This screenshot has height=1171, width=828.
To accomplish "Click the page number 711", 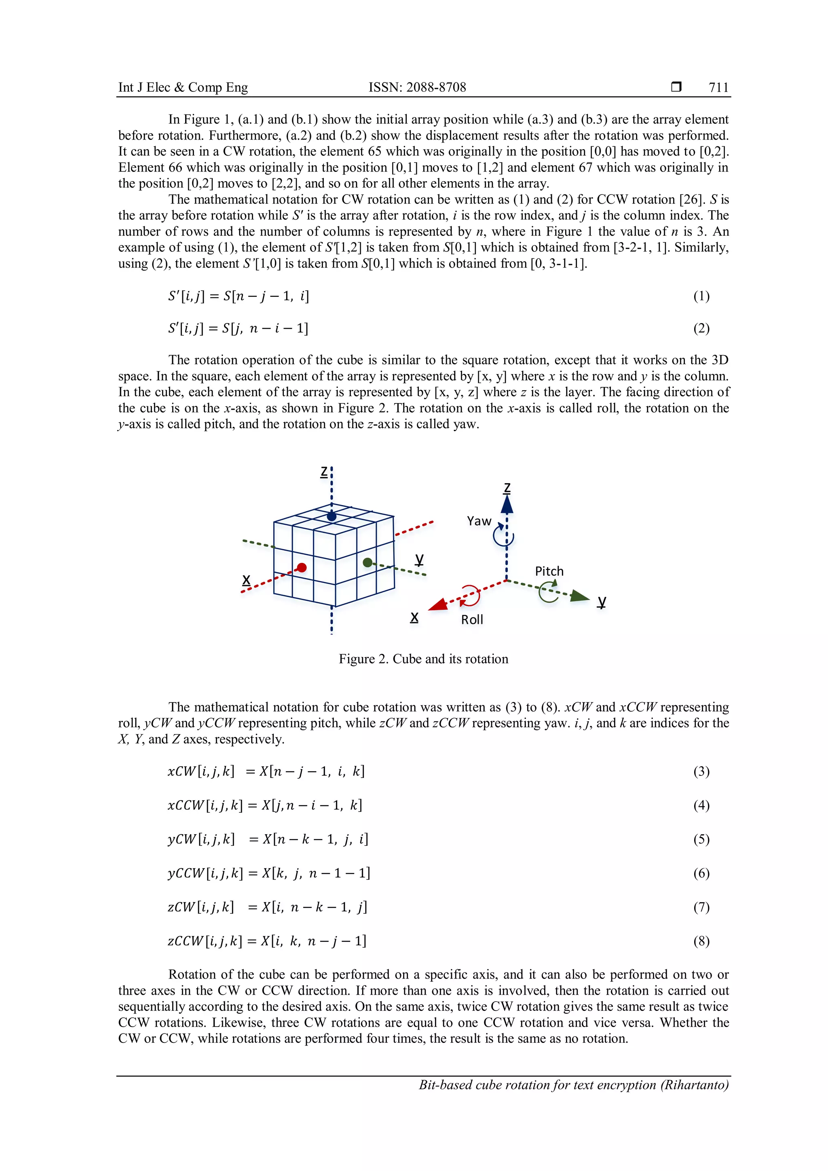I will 718,88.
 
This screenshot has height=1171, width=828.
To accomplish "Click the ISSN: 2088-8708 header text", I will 417,88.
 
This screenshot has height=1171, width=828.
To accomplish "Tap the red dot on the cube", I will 302,568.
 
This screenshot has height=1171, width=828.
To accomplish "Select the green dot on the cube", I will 368,562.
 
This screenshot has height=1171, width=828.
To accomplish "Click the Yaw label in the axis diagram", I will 479,521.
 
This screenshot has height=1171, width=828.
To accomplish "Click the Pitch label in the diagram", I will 549,571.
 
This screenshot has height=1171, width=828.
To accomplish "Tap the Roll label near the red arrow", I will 472,620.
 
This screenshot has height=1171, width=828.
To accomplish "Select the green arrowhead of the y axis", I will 579,596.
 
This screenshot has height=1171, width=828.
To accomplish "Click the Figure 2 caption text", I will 423,659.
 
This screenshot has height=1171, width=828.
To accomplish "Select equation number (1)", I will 701,296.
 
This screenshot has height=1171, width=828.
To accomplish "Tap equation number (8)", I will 701,941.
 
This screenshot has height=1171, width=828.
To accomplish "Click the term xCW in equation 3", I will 182,772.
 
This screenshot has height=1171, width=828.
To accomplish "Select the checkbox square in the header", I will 676,87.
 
